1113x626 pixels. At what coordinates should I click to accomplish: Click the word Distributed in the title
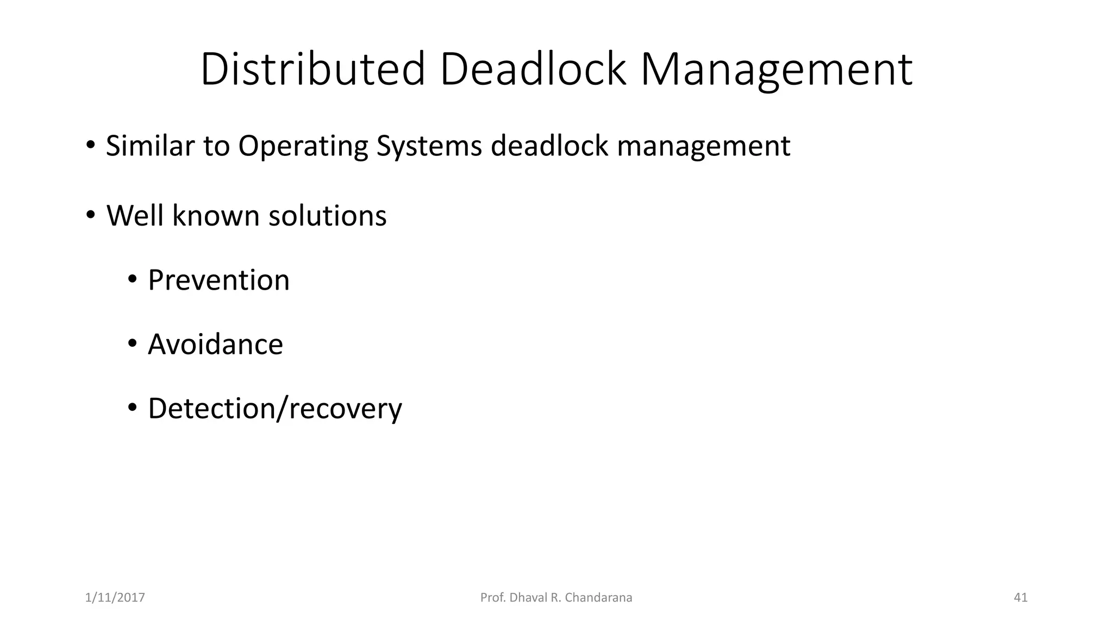[x=312, y=69]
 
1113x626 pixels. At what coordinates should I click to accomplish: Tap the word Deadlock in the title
[x=533, y=69]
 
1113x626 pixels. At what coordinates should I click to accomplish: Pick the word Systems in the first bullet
[x=429, y=147]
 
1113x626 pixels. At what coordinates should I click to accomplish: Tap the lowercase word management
[x=703, y=147]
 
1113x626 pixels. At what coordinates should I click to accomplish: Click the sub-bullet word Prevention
[x=218, y=280]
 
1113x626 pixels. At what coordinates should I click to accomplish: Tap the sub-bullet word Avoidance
[x=215, y=344]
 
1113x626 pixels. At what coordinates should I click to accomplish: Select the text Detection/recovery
[x=274, y=409]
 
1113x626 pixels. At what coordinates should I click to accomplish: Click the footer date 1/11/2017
[x=115, y=598]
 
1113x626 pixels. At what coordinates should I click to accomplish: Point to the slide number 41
[x=1021, y=598]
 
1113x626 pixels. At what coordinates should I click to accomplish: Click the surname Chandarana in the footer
[x=598, y=598]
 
